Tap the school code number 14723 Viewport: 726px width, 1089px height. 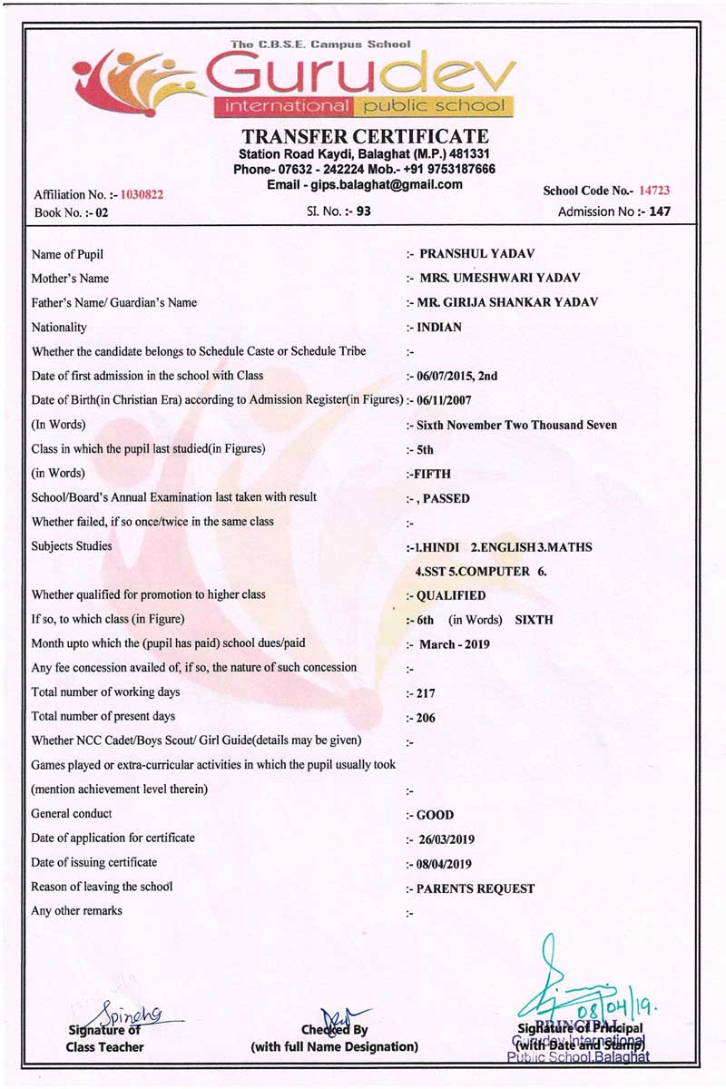tap(653, 191)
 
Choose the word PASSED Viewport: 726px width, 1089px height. tap(446, 498)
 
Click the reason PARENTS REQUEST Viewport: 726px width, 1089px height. tap(475, 888)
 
